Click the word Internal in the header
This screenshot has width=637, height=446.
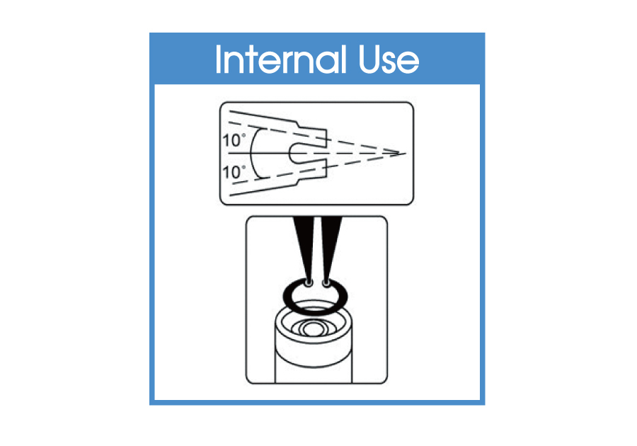(281, 59)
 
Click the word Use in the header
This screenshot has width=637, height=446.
(389, 59)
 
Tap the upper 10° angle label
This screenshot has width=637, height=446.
(234, 141)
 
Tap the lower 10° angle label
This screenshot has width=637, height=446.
(234, 172)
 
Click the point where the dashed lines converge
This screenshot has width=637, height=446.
(405, 154)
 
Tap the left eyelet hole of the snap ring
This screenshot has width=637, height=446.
(309, 282)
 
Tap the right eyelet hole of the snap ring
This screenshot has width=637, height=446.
(326, 282)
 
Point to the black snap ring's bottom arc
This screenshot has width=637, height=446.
(315, 312)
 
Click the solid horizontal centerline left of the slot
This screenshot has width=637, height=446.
(259, 153)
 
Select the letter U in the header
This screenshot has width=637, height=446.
(370, 59)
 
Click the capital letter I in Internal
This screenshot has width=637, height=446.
(218, 59)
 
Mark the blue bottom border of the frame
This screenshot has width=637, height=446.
(317, 403)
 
